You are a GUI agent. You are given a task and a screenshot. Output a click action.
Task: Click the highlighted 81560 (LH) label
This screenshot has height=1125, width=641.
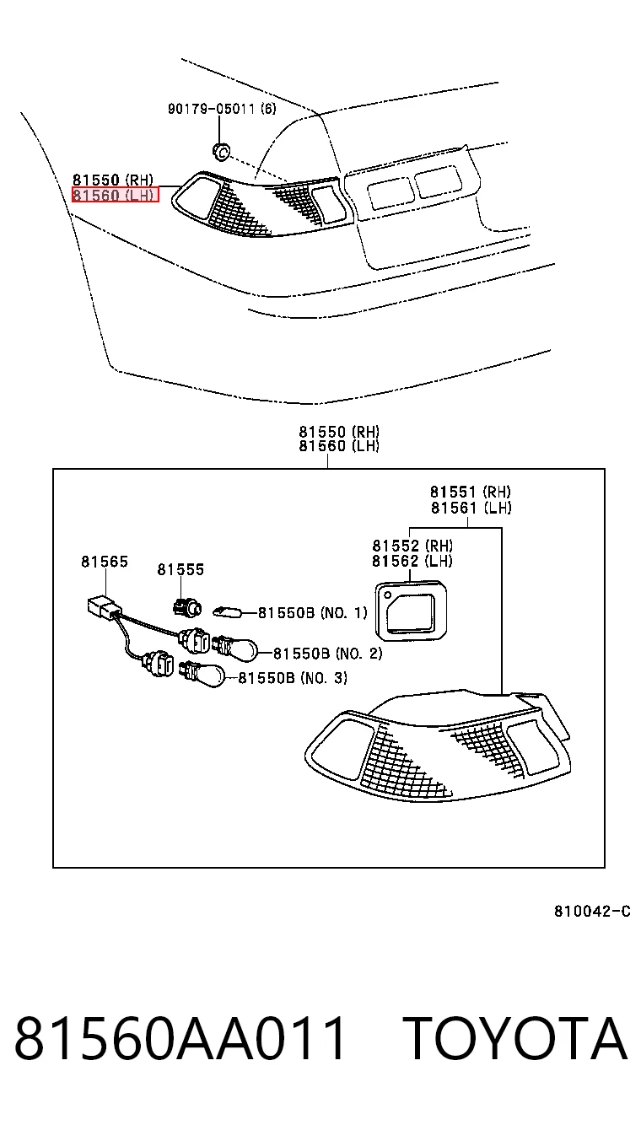tap(115, 195)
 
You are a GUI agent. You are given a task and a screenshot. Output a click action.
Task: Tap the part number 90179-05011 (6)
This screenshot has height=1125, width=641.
tap(222, 108)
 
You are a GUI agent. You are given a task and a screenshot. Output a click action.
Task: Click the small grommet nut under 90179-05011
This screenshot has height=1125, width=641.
tap(220, 151)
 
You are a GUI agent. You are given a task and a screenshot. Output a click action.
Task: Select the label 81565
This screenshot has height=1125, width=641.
tap(105, 562)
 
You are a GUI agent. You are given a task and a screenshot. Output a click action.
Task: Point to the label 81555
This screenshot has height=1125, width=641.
tap(180, 569)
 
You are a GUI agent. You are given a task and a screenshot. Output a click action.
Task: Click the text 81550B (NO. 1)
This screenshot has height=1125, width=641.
tap(312, 613)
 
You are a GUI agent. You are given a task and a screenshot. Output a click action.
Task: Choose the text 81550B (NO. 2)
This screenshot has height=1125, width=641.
tap(327, 654)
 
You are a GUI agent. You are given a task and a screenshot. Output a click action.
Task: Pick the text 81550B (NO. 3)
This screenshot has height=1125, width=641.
tap(293, 678)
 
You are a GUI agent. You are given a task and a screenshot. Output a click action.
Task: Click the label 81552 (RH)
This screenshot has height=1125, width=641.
tap(412, 546)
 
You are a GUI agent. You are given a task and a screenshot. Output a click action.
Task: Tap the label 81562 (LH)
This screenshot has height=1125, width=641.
tap(412, 561)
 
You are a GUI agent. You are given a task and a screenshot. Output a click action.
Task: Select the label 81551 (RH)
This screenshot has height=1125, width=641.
tap(471, 491)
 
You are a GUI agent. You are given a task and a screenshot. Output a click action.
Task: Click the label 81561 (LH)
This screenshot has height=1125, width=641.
tap(471, 508)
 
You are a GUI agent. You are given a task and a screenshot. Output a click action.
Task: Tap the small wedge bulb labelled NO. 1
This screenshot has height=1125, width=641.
tap(228, 611)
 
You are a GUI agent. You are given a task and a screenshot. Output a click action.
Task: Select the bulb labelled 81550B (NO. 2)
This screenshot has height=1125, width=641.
tap(236, 648)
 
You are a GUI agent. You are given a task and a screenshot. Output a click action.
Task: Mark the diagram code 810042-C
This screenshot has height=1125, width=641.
tap(592, 911)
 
